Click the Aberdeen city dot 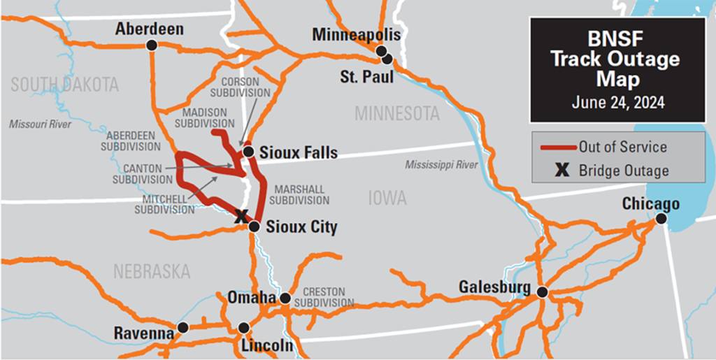tap(151, 45)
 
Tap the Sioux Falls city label tap(298, 152)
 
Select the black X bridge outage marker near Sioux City tap(241, 217)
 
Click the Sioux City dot tap(255, 226)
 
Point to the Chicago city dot tap(661, 219)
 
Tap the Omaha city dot tap(285, 298)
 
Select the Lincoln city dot tap(243, 328)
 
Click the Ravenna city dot tap(182, 327)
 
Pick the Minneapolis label tap(357, 35)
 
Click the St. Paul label tap(366, 77)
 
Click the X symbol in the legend tap(559, 171)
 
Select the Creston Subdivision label tap(324, 297)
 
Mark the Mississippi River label tap(441, 165)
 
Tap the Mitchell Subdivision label tap(164, 203)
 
